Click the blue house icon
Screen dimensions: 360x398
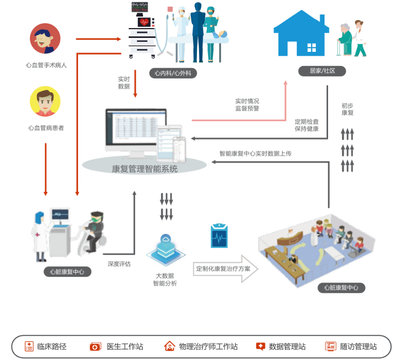[301, 34]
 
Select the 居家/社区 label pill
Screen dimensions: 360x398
[322, 71]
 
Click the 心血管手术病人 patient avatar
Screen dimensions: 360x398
[45, 39]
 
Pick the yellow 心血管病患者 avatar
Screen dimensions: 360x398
[45, 101]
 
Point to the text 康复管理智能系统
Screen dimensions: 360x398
[145, 168]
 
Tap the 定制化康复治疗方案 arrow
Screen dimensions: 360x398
[224, 269]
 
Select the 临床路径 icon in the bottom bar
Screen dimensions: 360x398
[29, 346]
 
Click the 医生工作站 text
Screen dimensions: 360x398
[125, 347]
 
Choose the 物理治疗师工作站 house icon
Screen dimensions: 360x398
[169, 346]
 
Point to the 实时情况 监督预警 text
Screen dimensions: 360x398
[247, 105]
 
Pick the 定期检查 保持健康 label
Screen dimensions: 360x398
[307, 125]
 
